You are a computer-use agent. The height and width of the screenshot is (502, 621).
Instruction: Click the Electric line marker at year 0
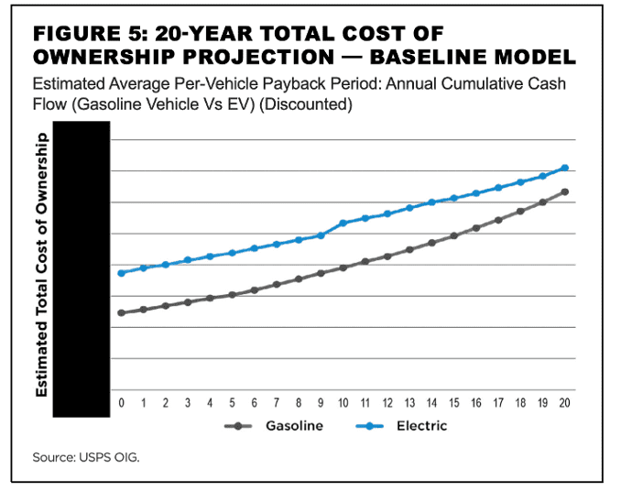pyautogui.click(x=121, y=273)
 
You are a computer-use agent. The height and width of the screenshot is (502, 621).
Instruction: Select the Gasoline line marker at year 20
pyautogui.click(x=564, y=191)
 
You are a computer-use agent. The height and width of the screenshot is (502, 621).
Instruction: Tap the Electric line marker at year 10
pyautogui.click(x=343, y=223)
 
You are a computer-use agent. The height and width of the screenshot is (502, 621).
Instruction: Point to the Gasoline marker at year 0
pyautogui.click(x=121, y=313)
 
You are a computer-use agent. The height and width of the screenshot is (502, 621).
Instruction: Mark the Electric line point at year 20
pyautogui.click(x=564, y=168)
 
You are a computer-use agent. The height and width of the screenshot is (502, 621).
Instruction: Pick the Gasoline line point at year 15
pyautogui.click(x=453, y=235)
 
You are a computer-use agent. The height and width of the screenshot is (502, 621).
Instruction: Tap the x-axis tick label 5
pyautogui.click(x=232, y=403)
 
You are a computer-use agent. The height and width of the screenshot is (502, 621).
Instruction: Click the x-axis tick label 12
pyautogui.click(x=387, y=403)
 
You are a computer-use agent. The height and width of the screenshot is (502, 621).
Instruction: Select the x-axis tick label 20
pyautogui.click(x=564, y=403)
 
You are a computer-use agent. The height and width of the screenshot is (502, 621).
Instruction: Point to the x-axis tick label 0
pyautogui.click(x=121, y=403)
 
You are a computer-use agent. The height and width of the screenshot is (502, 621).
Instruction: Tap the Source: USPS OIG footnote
pyautogui.click(x=85, y=456)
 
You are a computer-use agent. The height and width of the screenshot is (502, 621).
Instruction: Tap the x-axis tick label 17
pyautogui.click(x=498, y=403)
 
